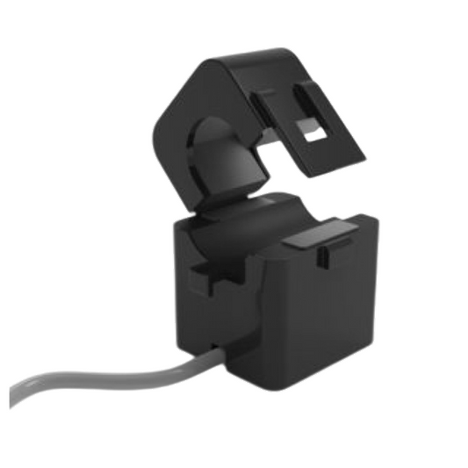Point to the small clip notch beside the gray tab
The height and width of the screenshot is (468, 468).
[322, 256]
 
